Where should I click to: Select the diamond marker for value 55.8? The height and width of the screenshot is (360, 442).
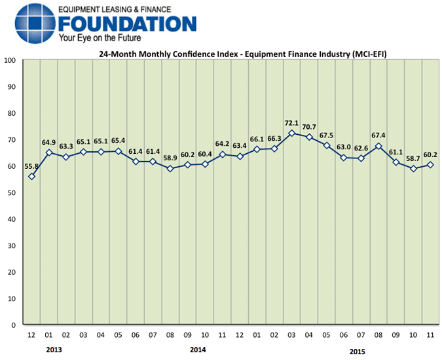(x=31, y=177)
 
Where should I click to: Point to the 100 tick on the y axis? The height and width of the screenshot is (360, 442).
(x=10, y=60)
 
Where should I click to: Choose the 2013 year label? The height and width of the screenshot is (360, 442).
(x=54, y=350)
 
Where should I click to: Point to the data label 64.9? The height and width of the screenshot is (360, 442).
(x=48, y=143)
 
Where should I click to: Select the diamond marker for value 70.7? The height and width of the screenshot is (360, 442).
(x=309, y=137)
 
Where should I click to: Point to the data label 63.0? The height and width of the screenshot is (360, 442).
(x=343, y=148)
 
